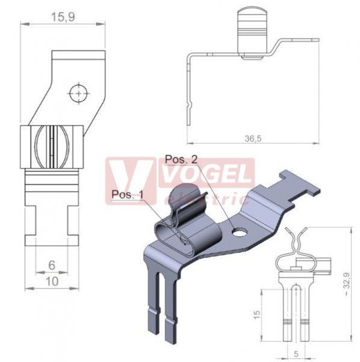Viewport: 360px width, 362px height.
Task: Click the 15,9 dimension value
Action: point(63,17)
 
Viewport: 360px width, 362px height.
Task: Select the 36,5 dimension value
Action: point(253,139)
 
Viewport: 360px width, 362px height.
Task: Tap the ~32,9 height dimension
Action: point(347,284)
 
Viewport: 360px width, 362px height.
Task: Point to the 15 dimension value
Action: point(256,315)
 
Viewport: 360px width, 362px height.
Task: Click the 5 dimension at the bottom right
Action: point(296,354)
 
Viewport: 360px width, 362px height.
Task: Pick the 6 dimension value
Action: point(52,265)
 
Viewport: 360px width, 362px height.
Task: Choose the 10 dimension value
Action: point(52,282)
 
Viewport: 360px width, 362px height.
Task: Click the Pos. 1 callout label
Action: point(127,194)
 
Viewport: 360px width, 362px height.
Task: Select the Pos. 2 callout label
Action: point(182,159)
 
